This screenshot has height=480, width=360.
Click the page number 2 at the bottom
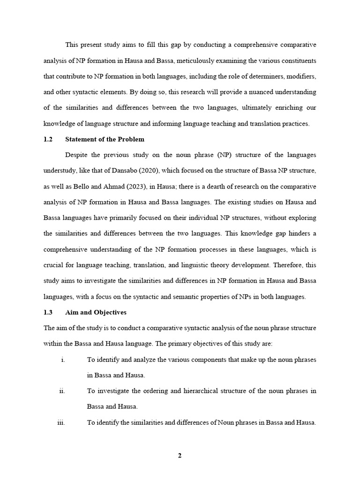pos(180,458)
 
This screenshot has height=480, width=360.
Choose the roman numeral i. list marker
pos(62,360)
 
